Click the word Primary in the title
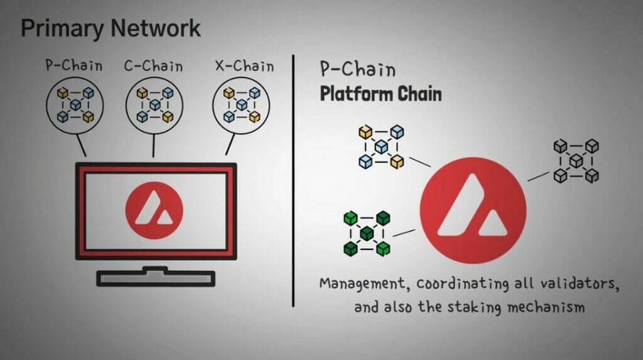62,29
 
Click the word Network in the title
156,28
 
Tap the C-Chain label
153,66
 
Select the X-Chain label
244,66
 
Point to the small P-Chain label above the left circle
74,66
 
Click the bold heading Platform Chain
381,94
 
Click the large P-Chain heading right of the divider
357,69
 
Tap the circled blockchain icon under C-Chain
154,106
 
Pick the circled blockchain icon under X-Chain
241,106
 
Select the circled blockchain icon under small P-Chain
75,106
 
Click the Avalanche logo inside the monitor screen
154,210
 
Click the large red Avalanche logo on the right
473,210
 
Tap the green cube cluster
367,234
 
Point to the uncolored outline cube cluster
576,160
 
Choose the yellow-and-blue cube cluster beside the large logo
381,147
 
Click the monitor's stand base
156,278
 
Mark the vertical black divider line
293,180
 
